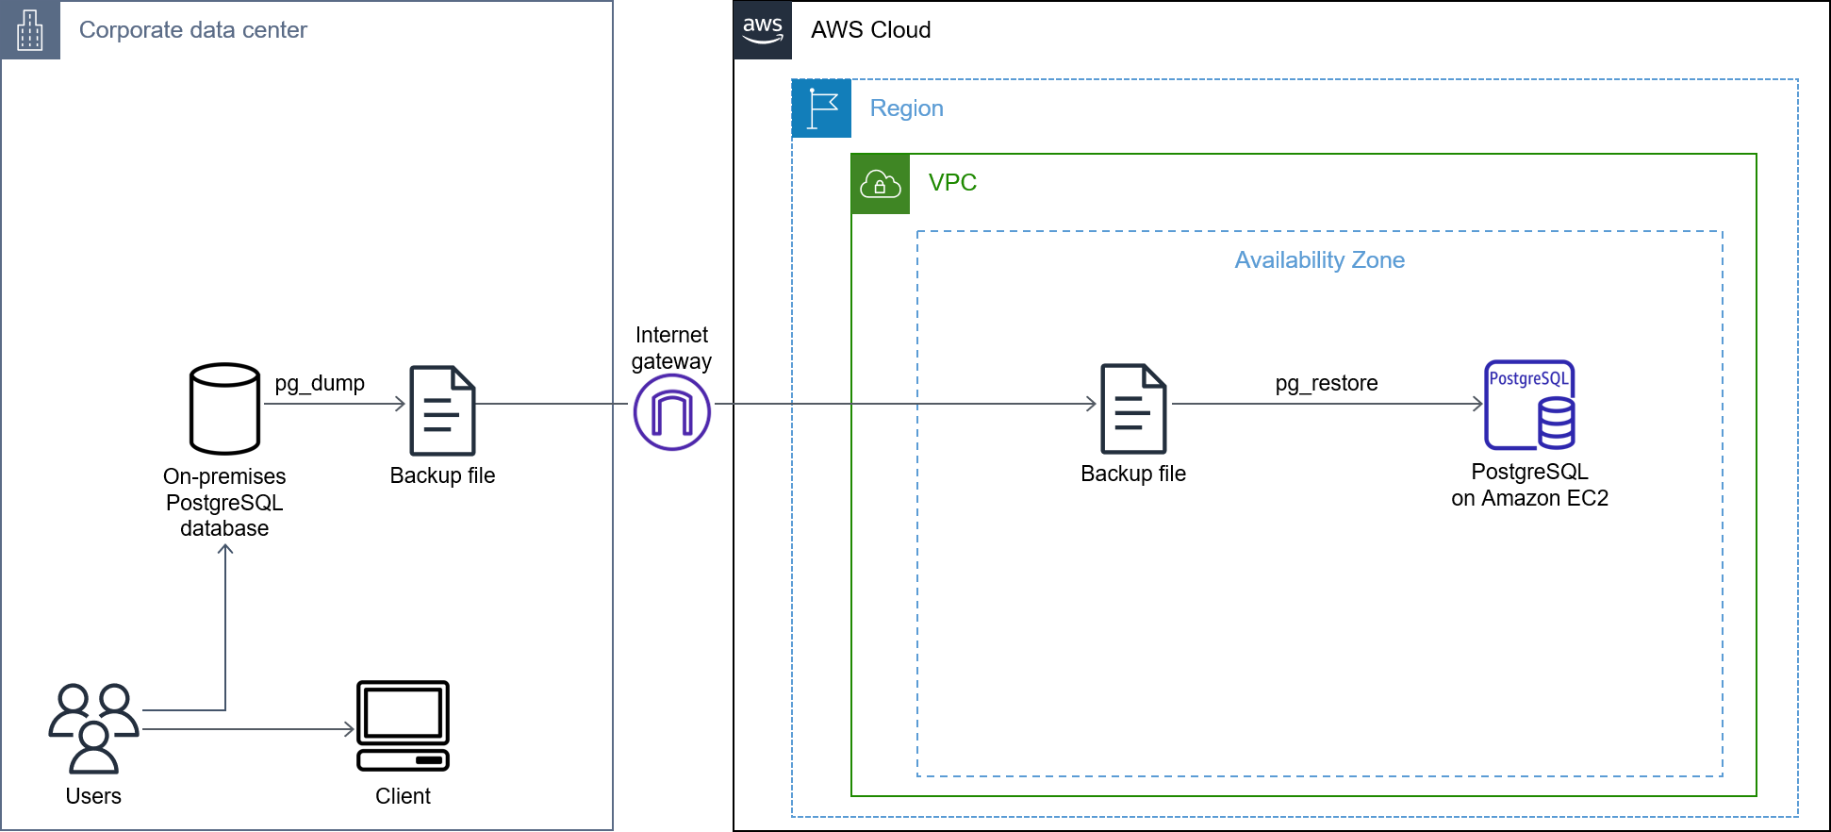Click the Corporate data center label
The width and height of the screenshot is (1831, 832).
click(x=193, y=30)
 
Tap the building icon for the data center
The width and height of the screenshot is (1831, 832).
click(x=30, y=30)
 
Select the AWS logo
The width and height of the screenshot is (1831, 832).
click(x=763, y=30)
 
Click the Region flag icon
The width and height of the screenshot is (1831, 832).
click(x=821, y=108)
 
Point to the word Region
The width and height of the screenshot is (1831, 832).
click(x=906, y=108)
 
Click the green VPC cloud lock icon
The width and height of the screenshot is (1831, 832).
click(x=881, y=184)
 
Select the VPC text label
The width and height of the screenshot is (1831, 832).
click(x=952, y=183)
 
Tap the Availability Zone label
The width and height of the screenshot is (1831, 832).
click(x=1319, y=260)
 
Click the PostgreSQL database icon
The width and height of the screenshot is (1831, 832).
click(x=1528, y=405)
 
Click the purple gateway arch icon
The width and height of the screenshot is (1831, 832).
click(x=672, y=412)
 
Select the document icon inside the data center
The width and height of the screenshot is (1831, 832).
click(x=442, y=410)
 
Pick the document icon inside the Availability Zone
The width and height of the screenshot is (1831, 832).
click(x=1133, y=408)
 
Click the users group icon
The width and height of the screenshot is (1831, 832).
click(x=93, y=727)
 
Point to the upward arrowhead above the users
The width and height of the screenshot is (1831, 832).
click(x=225, y=548)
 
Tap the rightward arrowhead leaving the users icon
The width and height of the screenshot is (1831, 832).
click(x=349, y=729)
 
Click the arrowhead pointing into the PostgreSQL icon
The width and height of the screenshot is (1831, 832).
click(x=1478, y=404)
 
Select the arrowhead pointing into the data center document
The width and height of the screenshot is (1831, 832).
click(x=401, y=404)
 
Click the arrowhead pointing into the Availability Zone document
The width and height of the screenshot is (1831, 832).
click(x=1092, y=404)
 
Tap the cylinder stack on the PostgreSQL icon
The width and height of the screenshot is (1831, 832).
click(x=1556, y=423)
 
